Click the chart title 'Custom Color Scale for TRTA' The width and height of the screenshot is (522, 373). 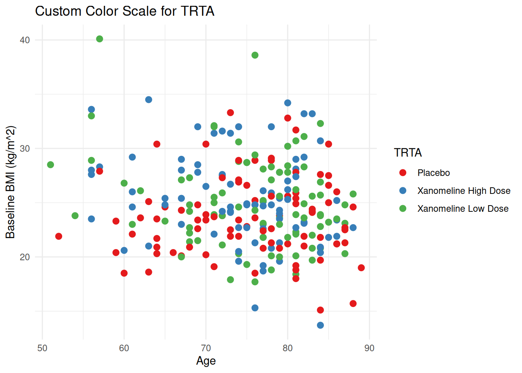(x=125, y=11)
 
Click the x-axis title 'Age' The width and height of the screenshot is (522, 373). (x=206, y=361)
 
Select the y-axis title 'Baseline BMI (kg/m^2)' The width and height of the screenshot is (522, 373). (x=10, y=182)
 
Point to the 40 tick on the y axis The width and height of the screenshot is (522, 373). (x=25, y=40)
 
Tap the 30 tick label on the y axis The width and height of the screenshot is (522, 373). (x=25, y=148)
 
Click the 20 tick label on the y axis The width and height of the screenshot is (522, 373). (x=25, y=257)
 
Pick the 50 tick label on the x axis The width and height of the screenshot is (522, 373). (x=42, y=348)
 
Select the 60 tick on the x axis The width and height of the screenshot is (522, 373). (x=124, y=348)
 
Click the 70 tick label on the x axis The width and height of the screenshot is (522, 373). (x=206, y=348)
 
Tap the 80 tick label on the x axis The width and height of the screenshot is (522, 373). (x=288, y=348)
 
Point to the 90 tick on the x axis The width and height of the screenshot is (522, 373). (x=369, y=348)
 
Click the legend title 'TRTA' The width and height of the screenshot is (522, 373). (x=408, y=153)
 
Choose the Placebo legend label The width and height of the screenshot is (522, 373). (x=433, y=173)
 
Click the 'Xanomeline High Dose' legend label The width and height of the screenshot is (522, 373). (x=464, y=191)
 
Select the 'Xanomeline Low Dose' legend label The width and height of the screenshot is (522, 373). (x=463, y=209)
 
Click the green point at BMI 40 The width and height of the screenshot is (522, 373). (x=99, y=39)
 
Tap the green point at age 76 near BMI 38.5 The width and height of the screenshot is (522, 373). (x=255, y=55)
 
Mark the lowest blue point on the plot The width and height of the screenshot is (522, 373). (x=320, y=325)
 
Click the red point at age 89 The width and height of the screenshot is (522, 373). (x=361, y=268)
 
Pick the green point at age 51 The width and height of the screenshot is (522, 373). (x=50, y=165)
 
